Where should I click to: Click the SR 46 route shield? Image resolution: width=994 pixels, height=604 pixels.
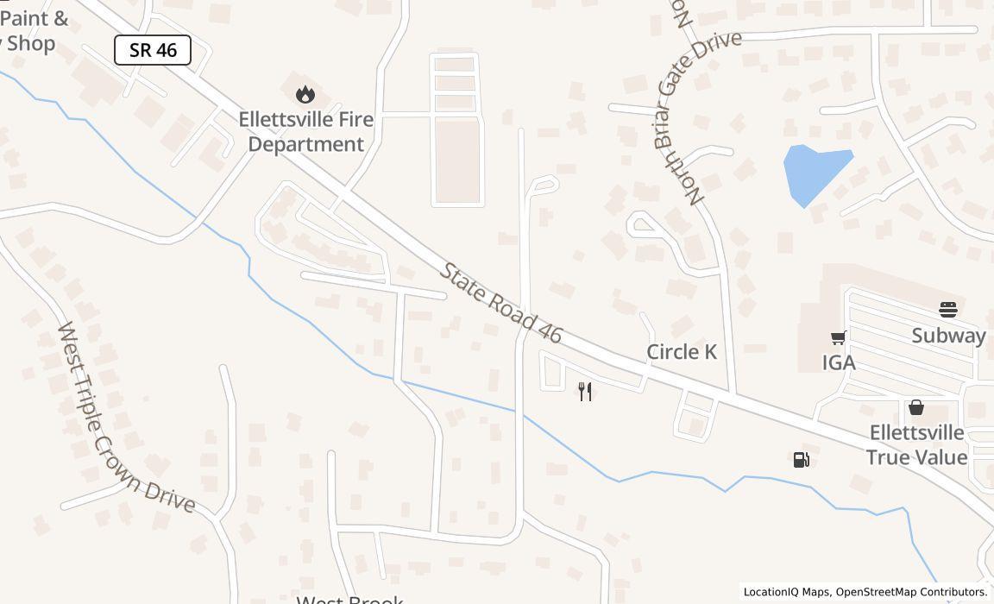point(153,50)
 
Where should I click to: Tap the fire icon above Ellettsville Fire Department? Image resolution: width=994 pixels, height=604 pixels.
point(305,94)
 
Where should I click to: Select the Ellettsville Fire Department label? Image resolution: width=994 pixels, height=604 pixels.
point(306,131)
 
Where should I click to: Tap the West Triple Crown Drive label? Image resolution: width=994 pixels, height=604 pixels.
point(125,418)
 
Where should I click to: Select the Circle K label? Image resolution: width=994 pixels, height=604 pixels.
point(682,352)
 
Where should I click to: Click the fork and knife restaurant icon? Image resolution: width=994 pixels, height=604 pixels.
point(585,392)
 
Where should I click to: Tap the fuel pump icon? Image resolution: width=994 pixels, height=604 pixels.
point(801,460)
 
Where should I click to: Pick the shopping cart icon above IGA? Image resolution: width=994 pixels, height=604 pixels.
point(838,337)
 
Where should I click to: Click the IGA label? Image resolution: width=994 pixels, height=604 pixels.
point(839,362)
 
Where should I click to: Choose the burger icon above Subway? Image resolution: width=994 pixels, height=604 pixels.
point(948,310)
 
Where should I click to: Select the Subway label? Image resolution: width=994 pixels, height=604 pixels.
point(948,336)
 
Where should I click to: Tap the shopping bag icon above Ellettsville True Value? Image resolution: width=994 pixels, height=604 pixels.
point(916,406)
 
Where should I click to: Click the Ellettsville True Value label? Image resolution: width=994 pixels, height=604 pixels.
point(916,444)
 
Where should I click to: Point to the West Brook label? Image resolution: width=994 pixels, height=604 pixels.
point(350,599)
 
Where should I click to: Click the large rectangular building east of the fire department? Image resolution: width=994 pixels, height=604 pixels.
point(456,160)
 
